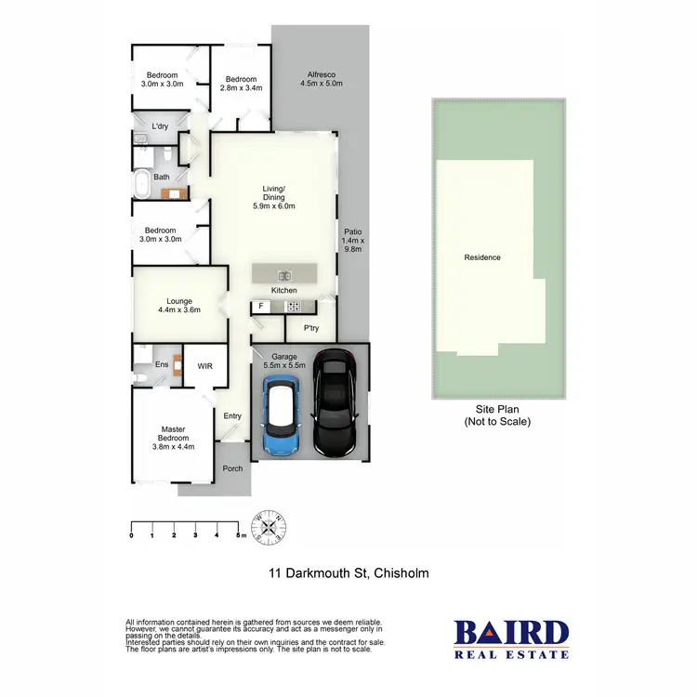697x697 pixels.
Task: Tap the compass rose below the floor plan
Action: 270,527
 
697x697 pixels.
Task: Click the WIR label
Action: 205,366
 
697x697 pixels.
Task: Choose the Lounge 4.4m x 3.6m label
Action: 178,306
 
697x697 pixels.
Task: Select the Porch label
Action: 232,467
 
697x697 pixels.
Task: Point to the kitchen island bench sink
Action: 285,274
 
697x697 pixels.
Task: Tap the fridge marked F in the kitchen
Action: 262,306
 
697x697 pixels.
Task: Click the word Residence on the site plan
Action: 482,257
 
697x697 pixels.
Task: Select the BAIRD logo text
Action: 511,634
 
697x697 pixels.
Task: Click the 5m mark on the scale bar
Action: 238,535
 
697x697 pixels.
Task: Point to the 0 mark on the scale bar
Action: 132,535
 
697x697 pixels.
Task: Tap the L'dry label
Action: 161,125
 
